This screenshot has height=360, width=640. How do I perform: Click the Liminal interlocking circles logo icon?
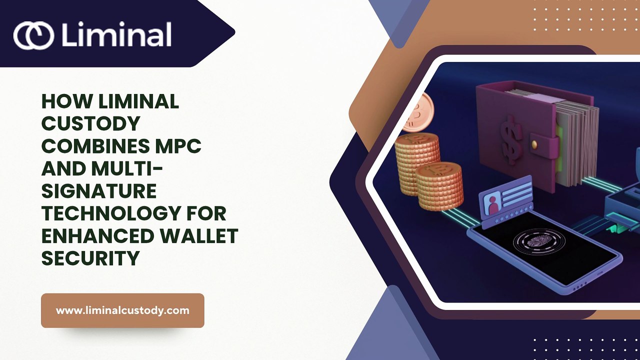click(33, 35)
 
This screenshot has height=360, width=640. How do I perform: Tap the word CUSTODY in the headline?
click(90, 123)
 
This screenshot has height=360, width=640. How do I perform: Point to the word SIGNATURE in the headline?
click(99, 191)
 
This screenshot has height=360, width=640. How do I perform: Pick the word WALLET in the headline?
click(199, 235)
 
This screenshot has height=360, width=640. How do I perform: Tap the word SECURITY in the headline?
click(90, 258)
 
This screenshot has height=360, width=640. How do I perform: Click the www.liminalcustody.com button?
click(122, 310)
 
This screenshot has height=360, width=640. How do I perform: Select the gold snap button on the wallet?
click(534, 144)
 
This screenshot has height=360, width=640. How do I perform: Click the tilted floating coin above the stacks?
click(417, 112)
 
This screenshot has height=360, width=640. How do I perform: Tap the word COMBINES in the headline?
click(95, 145)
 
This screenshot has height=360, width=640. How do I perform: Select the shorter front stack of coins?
click(439, 186)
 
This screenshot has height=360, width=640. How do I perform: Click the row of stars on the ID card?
click(513, 213)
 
